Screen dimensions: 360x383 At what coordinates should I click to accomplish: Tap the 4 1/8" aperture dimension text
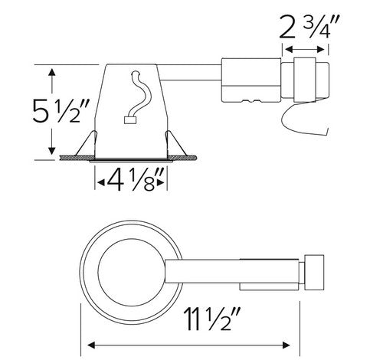[132, 182]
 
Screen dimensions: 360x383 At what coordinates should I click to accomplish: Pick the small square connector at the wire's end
[128, 119]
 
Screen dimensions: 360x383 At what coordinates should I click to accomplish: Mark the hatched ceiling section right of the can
[191, 159]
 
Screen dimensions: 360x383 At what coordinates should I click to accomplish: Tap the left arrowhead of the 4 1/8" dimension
[98, 182]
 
